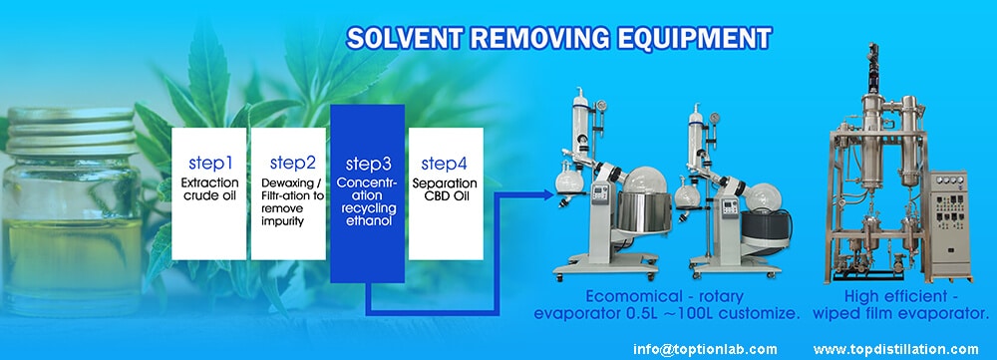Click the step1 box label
[209, 163]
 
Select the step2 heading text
[292, 163]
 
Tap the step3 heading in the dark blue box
[368, 164]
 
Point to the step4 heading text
[444, 163]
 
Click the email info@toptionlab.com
[705, 349]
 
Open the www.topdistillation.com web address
[895, 349]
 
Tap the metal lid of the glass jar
[70, 131]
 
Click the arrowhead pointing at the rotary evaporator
[547, 194]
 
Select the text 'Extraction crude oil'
[209, 188]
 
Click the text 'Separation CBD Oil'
[446, 188]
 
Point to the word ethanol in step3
[368, 220]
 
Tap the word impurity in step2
[283, 220]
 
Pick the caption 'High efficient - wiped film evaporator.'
[900, 305]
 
